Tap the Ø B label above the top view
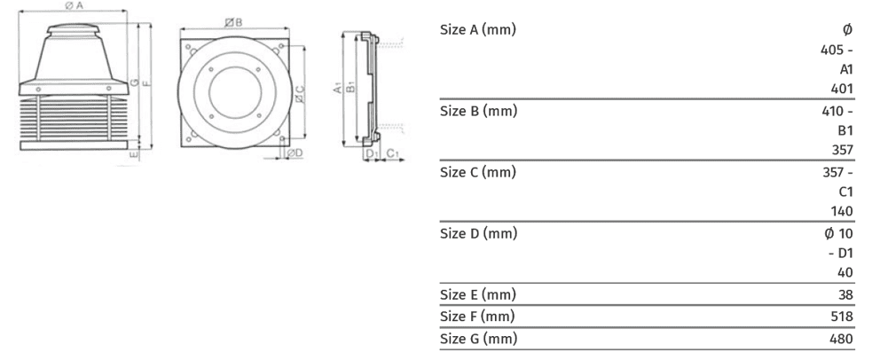(x=234, y=21)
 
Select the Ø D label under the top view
(x=295, y=153)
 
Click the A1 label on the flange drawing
(x=337, y=90)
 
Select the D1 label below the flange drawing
(x=370, y=154)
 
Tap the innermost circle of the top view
(x=234, y=91)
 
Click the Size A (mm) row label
(x=478, y=29)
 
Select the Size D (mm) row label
(x=478, y=234)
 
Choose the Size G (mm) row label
(x=478, y=339)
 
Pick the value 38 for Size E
(x=845, y=294)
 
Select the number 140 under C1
(x=843, y=211)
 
